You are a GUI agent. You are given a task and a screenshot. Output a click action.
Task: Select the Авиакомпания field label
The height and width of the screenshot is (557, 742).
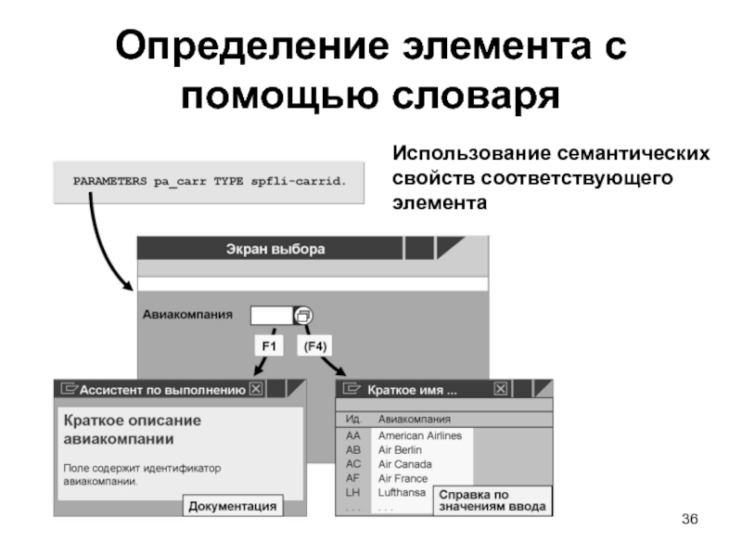point(187,315)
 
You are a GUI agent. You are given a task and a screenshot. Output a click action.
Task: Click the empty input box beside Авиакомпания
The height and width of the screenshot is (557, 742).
point(272,316)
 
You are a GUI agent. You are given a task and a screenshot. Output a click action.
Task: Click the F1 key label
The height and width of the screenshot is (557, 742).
point(270,346)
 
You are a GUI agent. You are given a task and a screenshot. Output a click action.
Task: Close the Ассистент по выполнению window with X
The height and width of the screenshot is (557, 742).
point(257,390)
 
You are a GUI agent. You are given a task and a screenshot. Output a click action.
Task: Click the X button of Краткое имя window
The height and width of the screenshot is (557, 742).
point(501,390)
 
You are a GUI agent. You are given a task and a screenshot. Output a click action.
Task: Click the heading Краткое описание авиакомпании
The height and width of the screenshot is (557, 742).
point(132,430)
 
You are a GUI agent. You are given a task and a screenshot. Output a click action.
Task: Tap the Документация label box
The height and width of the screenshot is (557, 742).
point(232,506)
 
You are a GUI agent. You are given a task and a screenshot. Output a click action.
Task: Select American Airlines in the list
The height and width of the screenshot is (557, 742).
point(419,435)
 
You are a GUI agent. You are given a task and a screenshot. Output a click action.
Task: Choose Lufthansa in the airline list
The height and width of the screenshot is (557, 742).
point(403,493)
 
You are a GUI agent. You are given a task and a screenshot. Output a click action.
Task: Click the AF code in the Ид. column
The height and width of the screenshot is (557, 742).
point(352,478)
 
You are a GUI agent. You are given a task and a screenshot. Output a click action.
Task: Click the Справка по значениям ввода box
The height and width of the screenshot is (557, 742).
point(492,500)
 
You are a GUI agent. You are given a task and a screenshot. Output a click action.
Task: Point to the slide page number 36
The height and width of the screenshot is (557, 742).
point(688,517)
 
